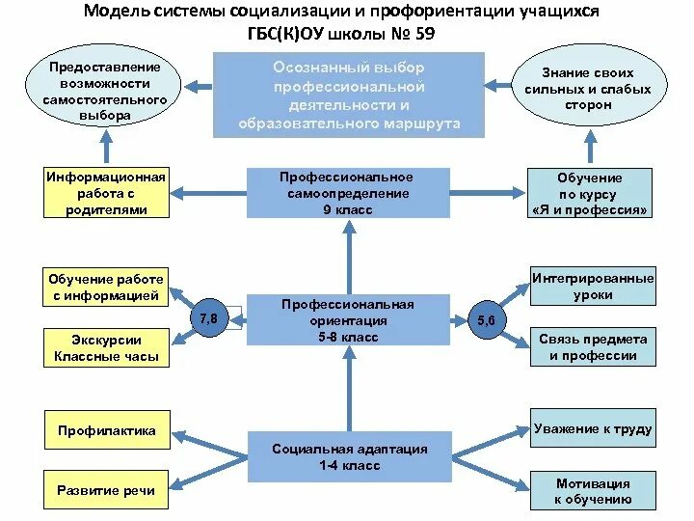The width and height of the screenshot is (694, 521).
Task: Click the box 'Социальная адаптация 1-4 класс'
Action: point(349,457)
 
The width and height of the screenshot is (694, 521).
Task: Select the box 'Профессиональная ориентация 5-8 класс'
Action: point(348,320)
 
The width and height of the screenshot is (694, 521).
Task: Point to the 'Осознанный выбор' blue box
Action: point(349,95)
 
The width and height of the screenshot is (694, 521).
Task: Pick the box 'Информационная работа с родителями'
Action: point(106,193)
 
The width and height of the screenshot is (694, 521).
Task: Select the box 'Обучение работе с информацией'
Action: point(106,288)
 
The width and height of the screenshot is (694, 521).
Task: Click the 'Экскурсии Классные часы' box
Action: point(106,348)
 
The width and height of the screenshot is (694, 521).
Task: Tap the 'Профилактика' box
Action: point(106,431)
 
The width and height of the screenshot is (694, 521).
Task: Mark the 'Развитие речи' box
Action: point(106,490)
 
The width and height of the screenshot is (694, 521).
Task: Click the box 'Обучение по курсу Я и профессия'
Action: point(590,193)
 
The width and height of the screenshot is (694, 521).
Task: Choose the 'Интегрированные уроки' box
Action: point(593,287)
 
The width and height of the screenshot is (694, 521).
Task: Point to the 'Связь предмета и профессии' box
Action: point(593,347)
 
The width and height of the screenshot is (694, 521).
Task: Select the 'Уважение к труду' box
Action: point(593,428)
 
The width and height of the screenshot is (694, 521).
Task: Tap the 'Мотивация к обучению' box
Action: point(593,491)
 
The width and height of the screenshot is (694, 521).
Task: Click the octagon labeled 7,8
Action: point(208,317)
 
